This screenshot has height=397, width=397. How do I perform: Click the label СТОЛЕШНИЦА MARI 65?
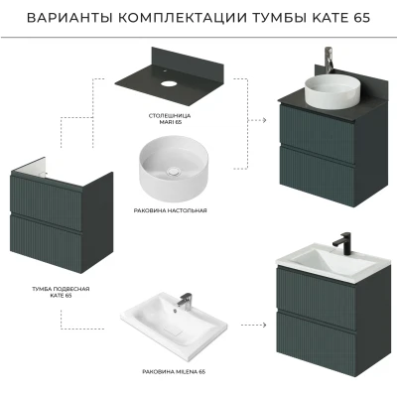[x=170, y=119]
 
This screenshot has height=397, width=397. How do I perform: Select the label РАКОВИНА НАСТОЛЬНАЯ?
[x=170, y=210]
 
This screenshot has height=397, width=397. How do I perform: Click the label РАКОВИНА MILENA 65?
[x=174, y=371]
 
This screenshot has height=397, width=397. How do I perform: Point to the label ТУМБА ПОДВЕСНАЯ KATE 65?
[x=61, y=292]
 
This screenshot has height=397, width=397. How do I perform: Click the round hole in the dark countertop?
[x=169, y=82]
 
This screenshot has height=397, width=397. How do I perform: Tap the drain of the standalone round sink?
[x=173, y=171]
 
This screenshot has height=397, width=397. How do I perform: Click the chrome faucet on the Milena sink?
[x=184, y=300]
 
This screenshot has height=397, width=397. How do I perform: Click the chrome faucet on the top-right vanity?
[x=329, y=61]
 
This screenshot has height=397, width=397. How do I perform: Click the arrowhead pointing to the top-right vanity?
[x=264, y=120]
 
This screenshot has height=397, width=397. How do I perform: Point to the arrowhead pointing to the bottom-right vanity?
[x=264, y=325]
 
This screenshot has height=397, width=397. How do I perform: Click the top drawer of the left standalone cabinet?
[x=47, y=201]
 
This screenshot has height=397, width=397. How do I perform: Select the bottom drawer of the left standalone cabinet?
[x=46, y=243]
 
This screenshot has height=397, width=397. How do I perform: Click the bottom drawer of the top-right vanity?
[x=317, y=175]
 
